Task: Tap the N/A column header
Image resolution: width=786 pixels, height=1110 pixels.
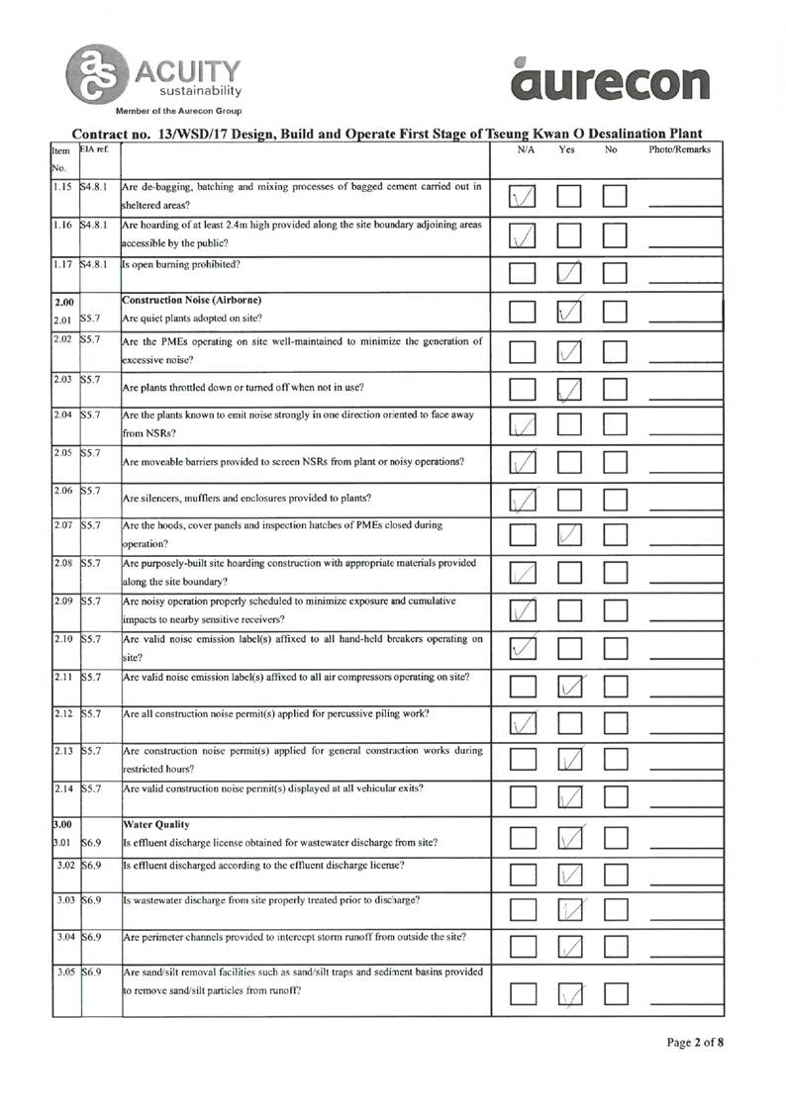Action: click(x=526, y=149)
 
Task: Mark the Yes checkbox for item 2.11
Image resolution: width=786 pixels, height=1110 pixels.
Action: click(x=572, y=685)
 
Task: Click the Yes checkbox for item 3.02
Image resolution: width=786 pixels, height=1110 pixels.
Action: click(x=572, y=874)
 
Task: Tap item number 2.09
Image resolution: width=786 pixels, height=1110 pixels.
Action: click(x=63, y=601)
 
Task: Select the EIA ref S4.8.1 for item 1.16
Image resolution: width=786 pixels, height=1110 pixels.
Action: click(x=99, y=225)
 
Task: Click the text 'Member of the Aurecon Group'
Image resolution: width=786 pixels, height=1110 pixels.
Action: click(x=178, y=110)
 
